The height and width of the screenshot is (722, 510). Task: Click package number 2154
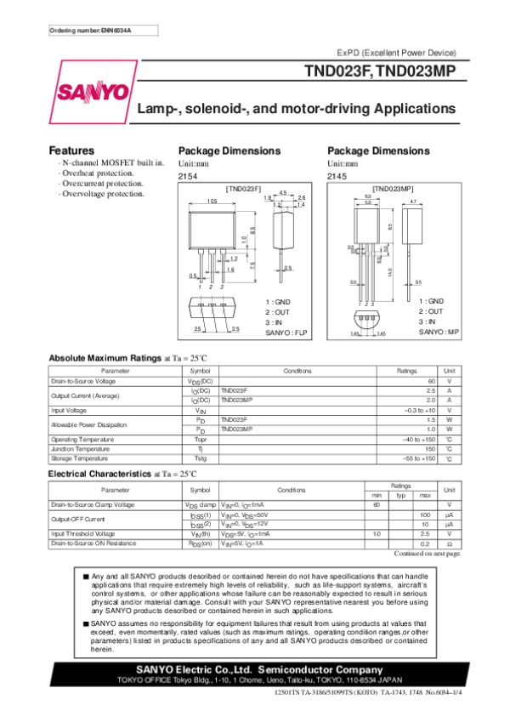tap(188, 176)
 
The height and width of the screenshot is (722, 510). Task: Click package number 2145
tap(337, 176)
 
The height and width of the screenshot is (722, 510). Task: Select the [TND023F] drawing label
tap(243, 187)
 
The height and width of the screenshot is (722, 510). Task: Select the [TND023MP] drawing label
tap(394, 187)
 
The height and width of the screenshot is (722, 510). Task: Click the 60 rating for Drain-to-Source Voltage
tap(432, 381)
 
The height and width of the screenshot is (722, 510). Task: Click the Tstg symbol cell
tap(201, 458)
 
